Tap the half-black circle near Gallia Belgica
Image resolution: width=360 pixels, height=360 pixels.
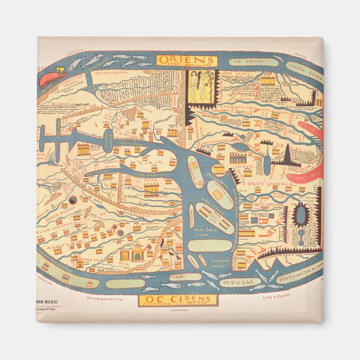tap(73, 200)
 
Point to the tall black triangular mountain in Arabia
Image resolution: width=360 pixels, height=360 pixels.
tap(288, 152)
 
